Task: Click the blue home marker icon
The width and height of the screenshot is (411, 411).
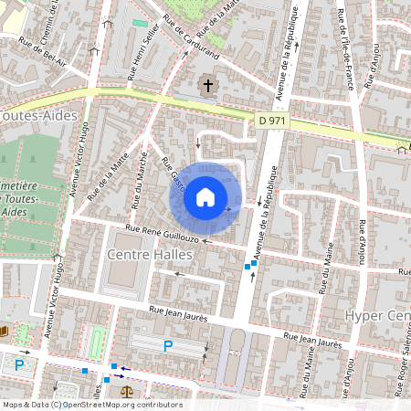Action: [x=205, y=196]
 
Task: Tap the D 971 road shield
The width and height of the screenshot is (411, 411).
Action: [x=272, y=120]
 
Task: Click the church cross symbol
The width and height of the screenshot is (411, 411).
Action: [x=208, y=88]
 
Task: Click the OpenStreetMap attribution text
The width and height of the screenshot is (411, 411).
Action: [x=91, y=405]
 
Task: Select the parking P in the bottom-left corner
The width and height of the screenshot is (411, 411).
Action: [x=19, y=365]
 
